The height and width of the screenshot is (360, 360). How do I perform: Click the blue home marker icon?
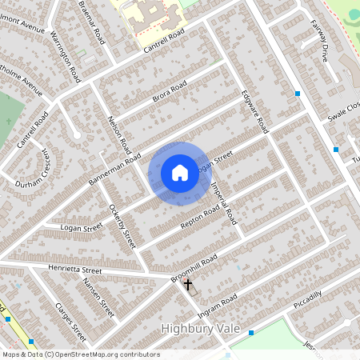pos(180,172)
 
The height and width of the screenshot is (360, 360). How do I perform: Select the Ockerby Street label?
pos(123,223)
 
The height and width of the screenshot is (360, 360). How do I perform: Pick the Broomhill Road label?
pos(194,268)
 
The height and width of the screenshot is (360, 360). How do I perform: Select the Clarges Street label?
pos(70,318)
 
